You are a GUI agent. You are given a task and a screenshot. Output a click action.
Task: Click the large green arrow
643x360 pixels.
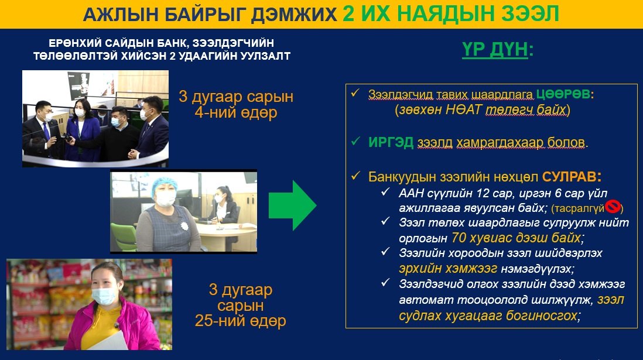(x=292, y=205)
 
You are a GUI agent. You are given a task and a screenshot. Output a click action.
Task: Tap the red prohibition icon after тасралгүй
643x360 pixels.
(x=613, y=207)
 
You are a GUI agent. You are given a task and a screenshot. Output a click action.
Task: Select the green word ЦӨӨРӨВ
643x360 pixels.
(x=563, y=94)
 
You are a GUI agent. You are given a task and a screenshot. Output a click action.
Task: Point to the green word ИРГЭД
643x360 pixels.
(x=391, y=142)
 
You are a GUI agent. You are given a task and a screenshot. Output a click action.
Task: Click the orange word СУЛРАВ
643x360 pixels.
(x=569, y=177)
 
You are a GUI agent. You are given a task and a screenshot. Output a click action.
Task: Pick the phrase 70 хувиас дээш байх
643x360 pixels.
(x=517, y=238)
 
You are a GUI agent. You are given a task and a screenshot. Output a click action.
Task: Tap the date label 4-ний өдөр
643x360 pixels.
(x=236, y=112)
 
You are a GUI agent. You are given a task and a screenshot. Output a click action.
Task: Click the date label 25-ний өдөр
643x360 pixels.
(x=240, y=321)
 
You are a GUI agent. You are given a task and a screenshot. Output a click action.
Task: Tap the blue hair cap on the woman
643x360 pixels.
(x=164, y=186)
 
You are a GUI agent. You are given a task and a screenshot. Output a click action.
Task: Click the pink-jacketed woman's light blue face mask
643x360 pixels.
(x=104, y=295)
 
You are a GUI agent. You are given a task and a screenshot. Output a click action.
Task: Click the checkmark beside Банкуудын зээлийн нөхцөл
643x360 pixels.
(x=355, y=176)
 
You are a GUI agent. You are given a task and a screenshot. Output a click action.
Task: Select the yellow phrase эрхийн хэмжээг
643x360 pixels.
(x=448, y=269)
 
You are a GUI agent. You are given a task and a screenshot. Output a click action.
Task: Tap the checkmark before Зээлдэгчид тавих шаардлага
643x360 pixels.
(x=355, y=93)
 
